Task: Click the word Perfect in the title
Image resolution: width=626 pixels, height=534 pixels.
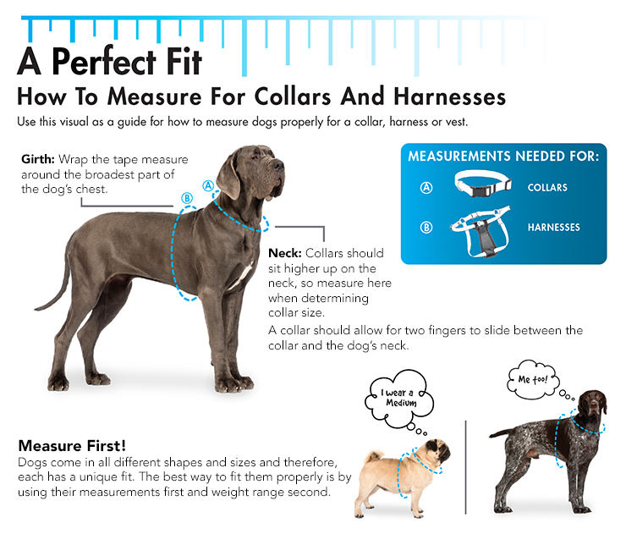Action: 103,62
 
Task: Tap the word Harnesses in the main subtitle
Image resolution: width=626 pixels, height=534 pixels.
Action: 449,96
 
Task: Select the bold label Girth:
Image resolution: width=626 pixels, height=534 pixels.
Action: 38,159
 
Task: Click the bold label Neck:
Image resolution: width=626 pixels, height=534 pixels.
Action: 284,253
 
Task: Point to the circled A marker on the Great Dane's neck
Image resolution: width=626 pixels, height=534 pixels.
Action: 208,185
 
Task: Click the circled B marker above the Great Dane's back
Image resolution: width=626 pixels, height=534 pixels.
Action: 187,198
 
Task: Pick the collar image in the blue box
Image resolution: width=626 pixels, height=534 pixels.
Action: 483,184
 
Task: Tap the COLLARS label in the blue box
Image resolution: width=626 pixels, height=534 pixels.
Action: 547,187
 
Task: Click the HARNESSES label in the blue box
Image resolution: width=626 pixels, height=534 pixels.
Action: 554,228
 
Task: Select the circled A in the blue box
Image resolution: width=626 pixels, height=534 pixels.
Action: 426,187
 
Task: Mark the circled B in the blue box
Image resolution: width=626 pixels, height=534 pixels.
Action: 426,228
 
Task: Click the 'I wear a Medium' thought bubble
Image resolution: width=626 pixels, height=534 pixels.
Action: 399,399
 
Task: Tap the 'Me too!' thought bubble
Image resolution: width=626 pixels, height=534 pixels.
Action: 533,379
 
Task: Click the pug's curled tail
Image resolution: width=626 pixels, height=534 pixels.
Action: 374,455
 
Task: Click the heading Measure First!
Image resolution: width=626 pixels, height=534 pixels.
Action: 72,445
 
